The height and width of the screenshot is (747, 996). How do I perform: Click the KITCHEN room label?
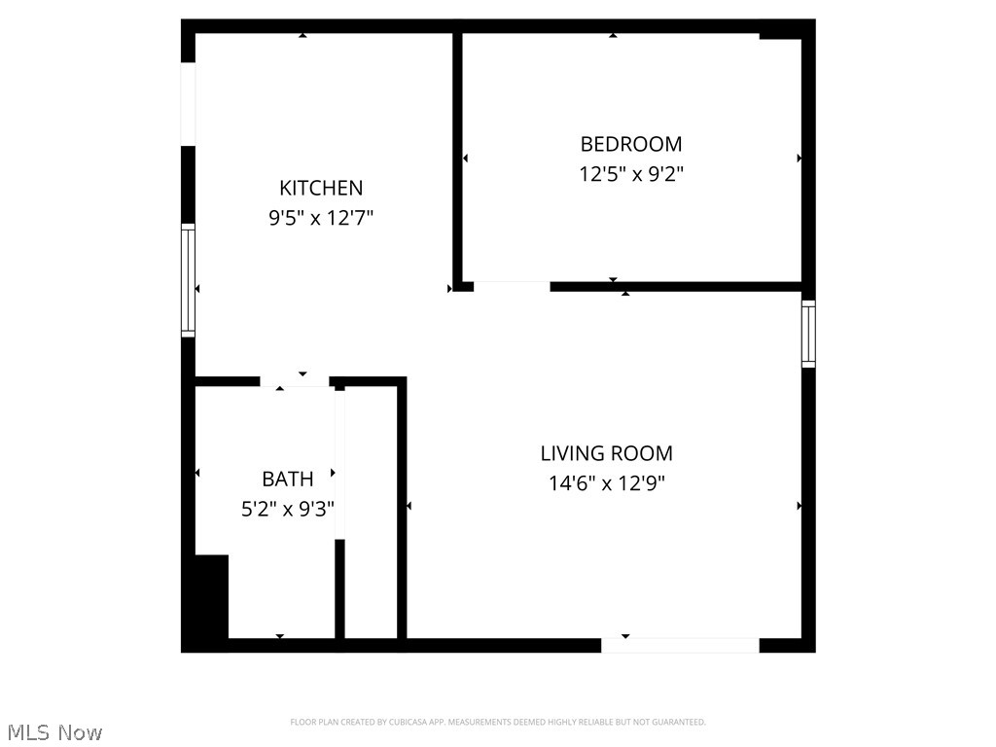(321, 188)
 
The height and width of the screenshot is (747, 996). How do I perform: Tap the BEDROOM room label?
(630, 144)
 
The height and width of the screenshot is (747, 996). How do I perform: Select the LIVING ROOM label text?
(606, 452)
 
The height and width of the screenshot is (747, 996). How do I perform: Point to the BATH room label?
(288, 479)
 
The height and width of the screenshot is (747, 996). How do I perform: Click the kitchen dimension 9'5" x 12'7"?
(321, 219)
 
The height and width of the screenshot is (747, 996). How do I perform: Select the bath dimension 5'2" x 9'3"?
(288, 509)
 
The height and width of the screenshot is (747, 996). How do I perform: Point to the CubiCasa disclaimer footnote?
(498, 722)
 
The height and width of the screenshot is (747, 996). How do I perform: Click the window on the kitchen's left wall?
(189, 280)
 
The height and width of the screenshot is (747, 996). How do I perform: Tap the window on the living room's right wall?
(808, 335)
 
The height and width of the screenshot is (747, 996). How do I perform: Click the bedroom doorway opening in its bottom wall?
(512, 286)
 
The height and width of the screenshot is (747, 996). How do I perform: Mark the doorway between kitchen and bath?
(295, 381)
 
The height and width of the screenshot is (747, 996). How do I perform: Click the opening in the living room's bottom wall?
(680, 645)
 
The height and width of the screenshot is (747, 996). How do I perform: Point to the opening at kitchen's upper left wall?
(189, 104)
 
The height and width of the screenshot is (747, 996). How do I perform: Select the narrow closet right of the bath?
(371, 512)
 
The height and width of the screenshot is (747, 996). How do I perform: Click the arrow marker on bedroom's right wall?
(800, 158)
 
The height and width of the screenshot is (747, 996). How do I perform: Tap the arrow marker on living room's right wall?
(800, 506)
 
